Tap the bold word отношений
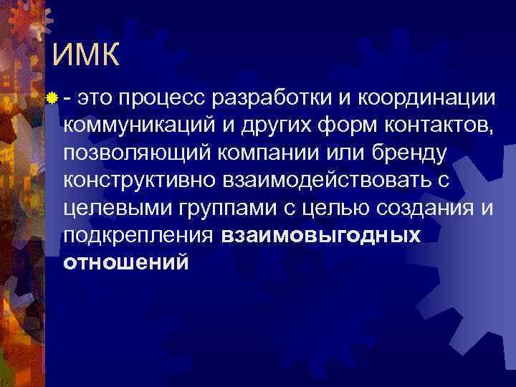[x=126, y=262]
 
